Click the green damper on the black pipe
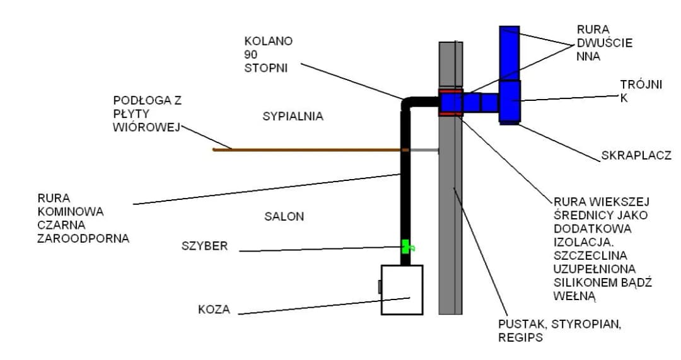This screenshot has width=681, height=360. (x=406, y=247)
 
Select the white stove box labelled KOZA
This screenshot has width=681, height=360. (x=402, y=289)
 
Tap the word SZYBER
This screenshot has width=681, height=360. (x=204, y=246)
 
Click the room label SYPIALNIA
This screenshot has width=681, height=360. (x=293, y=116)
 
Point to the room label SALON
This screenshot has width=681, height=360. (x=284, y=216)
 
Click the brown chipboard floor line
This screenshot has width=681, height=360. (x=303, y=149)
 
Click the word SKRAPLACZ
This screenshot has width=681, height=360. (x=635, y=155)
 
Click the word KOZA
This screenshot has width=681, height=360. (x=214, y=310)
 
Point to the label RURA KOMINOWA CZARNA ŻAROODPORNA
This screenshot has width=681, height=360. (x=83, y=218)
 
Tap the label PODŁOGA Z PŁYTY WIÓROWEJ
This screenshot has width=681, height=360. (x=147, y=114)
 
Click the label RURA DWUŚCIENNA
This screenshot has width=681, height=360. (x=604, y=43)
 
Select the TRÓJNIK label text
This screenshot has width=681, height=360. (x=640, y=91)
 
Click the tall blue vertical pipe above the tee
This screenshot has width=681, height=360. (x=509, y=53)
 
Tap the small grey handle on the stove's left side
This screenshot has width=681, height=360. (x=379, y=287)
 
